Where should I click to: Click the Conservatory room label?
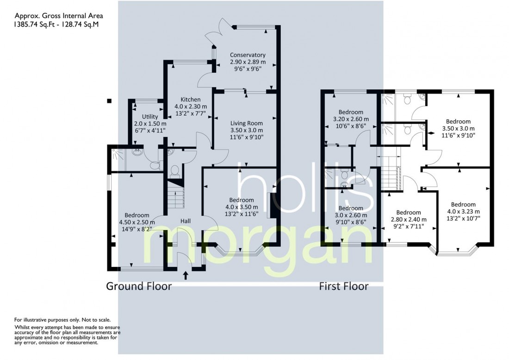[248, 55]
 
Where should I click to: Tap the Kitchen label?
[191, 99]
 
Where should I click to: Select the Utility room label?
[150, 117]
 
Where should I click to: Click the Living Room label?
[246, 124]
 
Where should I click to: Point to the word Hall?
[186, 221]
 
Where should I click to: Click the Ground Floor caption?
[139, 286]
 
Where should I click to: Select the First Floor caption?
[344, 286]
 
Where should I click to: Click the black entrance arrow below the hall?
[186, 276]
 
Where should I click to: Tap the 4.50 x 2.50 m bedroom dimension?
[137, 222]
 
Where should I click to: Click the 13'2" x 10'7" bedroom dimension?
[463, 218]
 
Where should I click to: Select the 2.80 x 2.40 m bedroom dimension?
[409, 219]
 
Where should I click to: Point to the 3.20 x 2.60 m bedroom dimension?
[351, 119]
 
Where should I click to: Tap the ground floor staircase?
[176, 196]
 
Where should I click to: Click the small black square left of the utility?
[110, 100]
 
